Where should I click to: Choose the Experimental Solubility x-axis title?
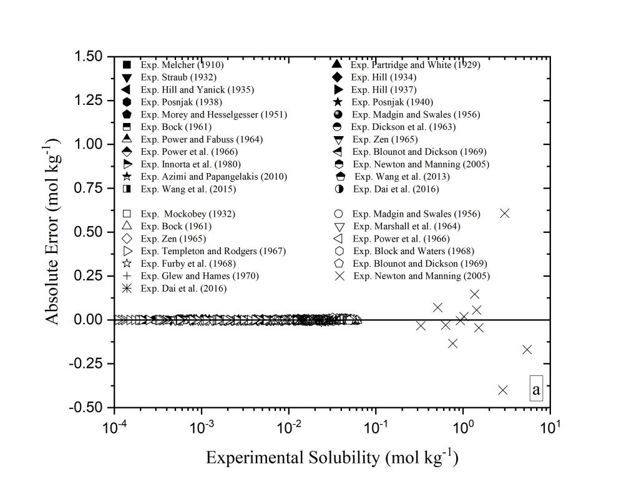pyautogui.click(x=332, y=457)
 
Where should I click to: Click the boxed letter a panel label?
pyautogui.click(x=536, y=389)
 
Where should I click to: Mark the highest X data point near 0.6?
pyautogui.click(x=505, y=214)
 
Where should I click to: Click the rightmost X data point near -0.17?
pyautogui.click(x=527, y=350)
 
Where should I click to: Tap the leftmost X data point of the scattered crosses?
pyautogui.click(x=421, y=326)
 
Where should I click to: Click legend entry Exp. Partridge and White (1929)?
pyautogui.click(x=416, y=65)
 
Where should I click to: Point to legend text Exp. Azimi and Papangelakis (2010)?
pyautogui.click(x=214, y=177)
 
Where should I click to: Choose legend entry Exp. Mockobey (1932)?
pyautogui.click(x=188, y=214)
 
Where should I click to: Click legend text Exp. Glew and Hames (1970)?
pyautogui.click(x=200, y=276)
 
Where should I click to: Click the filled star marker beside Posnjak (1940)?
pyautogui.click(x=337, y=102)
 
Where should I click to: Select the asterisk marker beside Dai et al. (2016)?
pyautogui.click(x=127, y=289)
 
